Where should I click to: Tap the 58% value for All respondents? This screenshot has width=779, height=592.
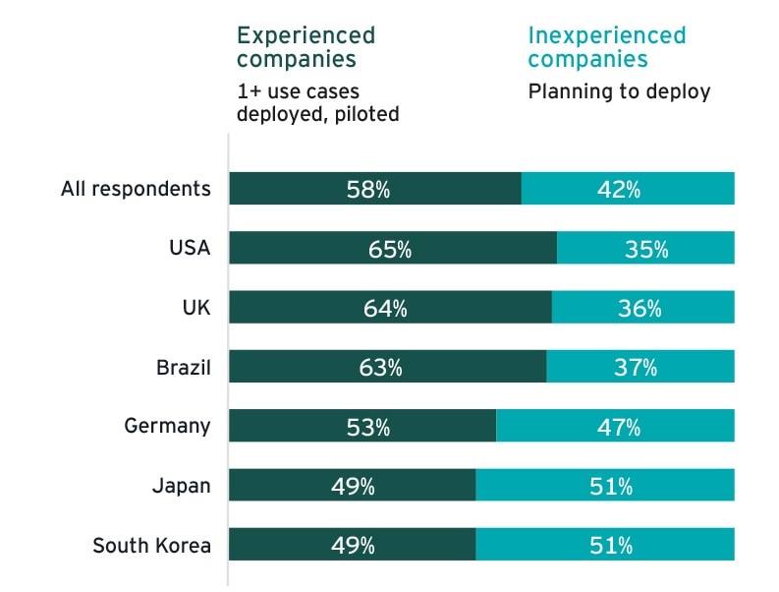[368, 190]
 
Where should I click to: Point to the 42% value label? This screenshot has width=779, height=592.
[619, 190]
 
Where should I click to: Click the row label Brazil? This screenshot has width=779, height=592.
[184, 368]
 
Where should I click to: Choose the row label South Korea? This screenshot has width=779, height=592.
[151, 545]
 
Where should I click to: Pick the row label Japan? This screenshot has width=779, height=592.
[181, 486]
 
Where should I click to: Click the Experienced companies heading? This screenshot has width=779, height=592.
[306, 47]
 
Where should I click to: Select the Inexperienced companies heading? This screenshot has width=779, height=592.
[606, 47]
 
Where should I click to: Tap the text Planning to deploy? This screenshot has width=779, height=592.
[619, 91]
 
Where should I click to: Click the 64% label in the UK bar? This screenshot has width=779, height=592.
[385, 309]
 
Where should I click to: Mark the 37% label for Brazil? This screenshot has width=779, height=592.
[636, 368]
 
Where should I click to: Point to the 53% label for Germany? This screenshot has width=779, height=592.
[368, 427]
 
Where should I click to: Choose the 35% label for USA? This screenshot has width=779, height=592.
[646, 249]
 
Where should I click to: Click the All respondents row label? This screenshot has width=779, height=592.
[136, 189]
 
